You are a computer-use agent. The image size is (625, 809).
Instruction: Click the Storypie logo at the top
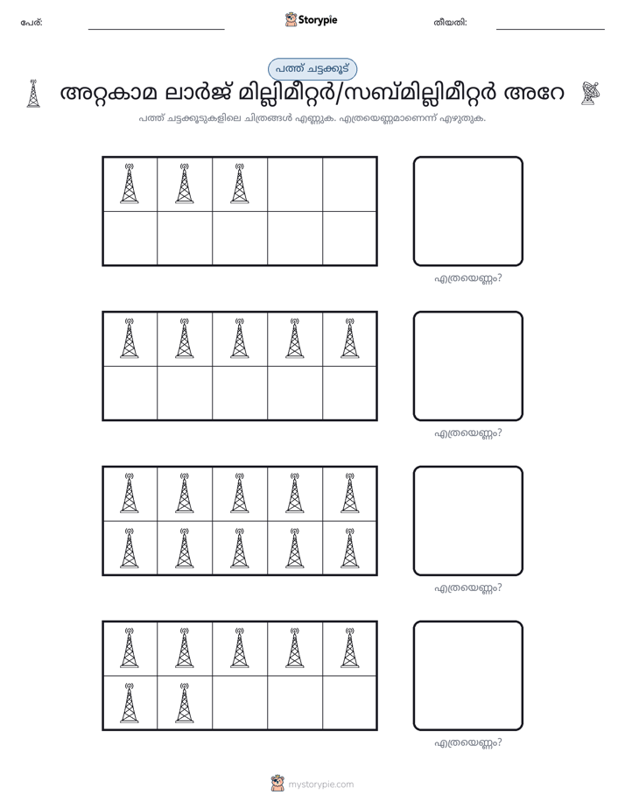click(x=311, y=19)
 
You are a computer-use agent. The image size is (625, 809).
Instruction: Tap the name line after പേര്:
click(x=156, y=30)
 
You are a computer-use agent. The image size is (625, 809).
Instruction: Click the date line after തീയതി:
click(x=551, y=30)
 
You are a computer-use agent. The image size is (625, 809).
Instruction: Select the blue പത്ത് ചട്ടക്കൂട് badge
click(x=312, y=69)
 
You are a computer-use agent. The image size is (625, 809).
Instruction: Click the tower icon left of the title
click(x=33, y=94)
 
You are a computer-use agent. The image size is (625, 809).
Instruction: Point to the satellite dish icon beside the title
click(x=590, y=94)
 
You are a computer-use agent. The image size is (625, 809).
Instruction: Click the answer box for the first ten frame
click(x=468, y=211)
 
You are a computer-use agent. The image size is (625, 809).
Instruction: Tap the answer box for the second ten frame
click(x=468, y=366)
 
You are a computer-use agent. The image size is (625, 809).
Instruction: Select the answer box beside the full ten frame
click(x=468, y=521)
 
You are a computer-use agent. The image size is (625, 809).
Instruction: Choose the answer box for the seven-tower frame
click(x=468, y=675)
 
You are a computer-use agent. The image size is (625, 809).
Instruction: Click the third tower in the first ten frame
click(x=239, y=183)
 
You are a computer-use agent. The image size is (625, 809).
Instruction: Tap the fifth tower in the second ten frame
click(x=349, y=338)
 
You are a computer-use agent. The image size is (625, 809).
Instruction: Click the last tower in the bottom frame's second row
click(x=184, y=703)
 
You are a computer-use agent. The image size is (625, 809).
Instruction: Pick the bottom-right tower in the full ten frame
click(x=349, y=548)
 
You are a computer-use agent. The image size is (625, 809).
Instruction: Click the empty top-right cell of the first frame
click(x=349, y=184)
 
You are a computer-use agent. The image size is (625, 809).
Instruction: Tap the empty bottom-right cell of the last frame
click(x=349, y=702)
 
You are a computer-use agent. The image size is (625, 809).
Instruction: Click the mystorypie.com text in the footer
click(x=320, y=784)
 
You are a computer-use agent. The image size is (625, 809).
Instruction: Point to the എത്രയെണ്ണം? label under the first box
click(x=468, y=278)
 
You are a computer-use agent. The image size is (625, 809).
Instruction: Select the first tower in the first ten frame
click(x=129, y=183)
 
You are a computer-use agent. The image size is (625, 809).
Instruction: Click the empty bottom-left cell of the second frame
click(x=130, y=392)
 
